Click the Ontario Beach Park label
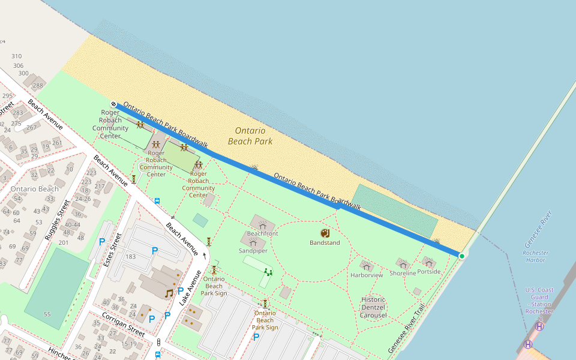[250, 136]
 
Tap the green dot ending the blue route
[461, 256]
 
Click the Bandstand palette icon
[325, 233]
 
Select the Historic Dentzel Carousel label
[373, 307]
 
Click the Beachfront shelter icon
[262, 224]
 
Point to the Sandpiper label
[253, 251]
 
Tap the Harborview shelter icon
[367, 265]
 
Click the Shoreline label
[403, 273]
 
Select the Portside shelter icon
[428, 262]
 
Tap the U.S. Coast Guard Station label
[539, 301]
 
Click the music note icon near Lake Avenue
[169, 293]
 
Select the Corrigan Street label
[123, 323]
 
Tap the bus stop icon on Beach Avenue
[157, 201]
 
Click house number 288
[38, 85]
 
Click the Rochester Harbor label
[535, 256]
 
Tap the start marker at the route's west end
[113, 104]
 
